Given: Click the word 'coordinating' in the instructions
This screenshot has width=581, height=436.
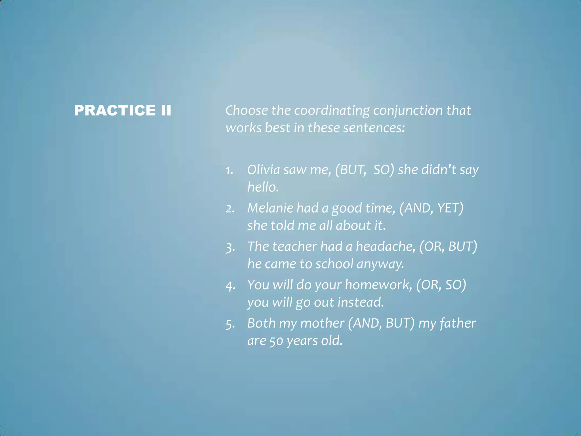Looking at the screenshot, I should click(332, 111).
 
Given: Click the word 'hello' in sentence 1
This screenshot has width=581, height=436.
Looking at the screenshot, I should click(263, 187).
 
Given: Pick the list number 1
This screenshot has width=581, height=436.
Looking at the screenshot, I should click(229, 170).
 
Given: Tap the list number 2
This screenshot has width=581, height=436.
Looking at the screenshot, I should click(230, 209).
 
